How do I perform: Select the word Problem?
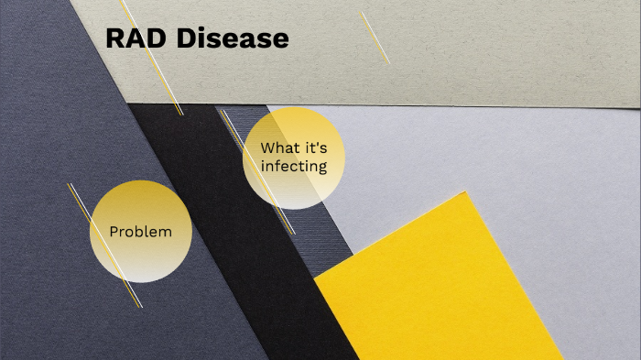pos(140,232)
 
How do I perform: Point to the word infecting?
pos(293,166)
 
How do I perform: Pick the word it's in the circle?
pos(315,147)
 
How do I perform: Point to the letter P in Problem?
pos(114,232)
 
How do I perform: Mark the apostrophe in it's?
pos(317,143)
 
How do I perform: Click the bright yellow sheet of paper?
pos(440,284)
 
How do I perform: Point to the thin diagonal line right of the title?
pos(375,38)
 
